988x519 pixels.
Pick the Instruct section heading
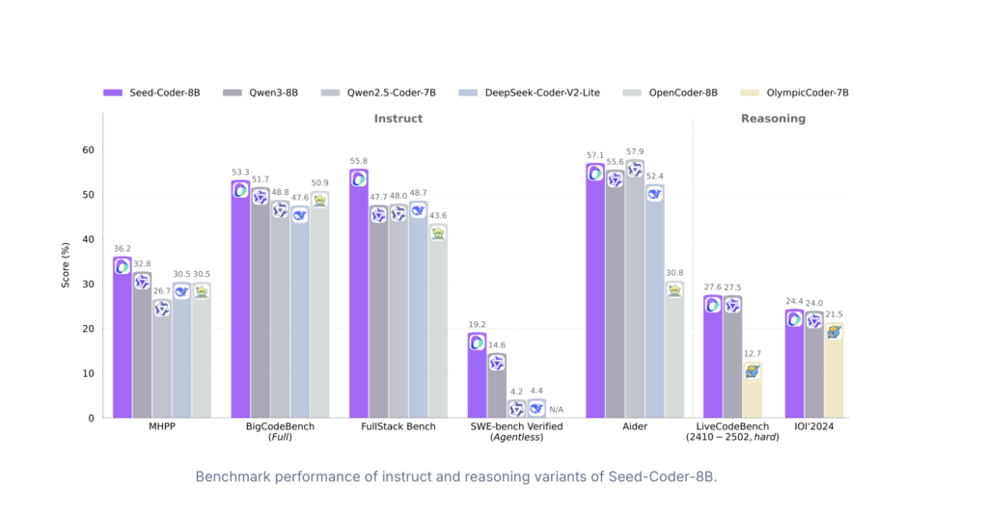coord(398,119)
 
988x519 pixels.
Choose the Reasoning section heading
coord(773,119)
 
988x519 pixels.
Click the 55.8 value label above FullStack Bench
coord(358,161)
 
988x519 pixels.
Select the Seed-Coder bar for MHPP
coord(123,338)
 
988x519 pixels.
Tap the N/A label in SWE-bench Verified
coord(556,409)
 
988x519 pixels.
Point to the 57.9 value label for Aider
coord(634,151)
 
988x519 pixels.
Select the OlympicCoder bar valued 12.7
coord(753,390)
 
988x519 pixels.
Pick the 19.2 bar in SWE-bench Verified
coord(477,376)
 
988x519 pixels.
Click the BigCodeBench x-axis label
coord(280,425)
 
